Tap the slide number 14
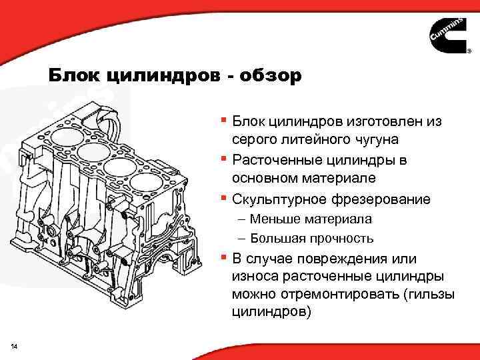[15, 344]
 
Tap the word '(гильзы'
[423, 294]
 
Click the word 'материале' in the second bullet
[341, 179]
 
